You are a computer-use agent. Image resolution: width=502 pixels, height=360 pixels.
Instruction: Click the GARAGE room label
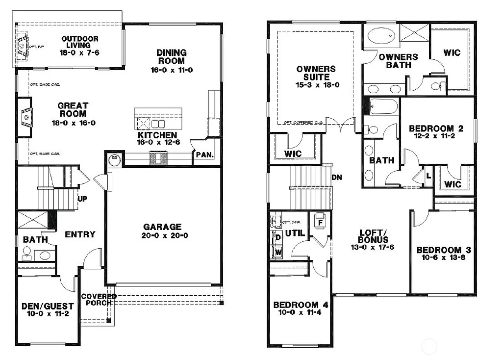162,227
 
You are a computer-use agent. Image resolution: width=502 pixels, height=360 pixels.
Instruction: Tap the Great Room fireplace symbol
25,116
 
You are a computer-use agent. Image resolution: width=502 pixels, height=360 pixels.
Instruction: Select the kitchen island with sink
158,119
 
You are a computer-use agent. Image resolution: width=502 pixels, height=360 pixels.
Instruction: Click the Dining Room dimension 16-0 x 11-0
171,70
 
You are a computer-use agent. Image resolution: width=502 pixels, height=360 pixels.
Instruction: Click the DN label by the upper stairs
336,177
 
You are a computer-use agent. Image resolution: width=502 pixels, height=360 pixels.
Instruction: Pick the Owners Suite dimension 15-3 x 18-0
316,85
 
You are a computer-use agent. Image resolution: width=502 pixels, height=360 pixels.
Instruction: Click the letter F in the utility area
321,222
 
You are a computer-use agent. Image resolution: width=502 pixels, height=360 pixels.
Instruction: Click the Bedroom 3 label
439,250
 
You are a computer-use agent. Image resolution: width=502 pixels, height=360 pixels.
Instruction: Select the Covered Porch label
99,299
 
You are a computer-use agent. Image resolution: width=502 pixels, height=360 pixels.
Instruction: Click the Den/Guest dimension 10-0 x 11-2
48,314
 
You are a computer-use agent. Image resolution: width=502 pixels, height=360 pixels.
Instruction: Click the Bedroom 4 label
301,304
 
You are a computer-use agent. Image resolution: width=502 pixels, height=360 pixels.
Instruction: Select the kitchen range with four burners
158,157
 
